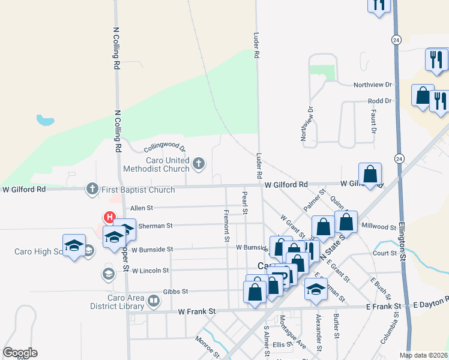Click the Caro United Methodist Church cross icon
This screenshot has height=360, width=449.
(x=199, y=163)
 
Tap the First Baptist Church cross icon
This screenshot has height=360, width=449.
(x=92, y=189)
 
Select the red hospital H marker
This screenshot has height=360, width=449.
(x=110, y=217)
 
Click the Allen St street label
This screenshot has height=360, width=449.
(x=142, y=208)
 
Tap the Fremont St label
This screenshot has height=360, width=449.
(x=226, y=226)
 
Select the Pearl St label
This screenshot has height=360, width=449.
(x=245, y=203)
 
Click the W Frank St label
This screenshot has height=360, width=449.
(x=196, y=311)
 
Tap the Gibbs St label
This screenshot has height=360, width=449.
(x=178, y=291)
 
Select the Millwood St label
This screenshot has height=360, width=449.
(x=379, y=227)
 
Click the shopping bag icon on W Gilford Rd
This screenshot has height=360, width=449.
(x=371, y=174)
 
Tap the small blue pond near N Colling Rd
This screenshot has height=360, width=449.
(x=45, y=120)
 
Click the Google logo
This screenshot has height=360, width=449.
(x=20, y=353)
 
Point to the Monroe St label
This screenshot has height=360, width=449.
(x=208, y=343)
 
